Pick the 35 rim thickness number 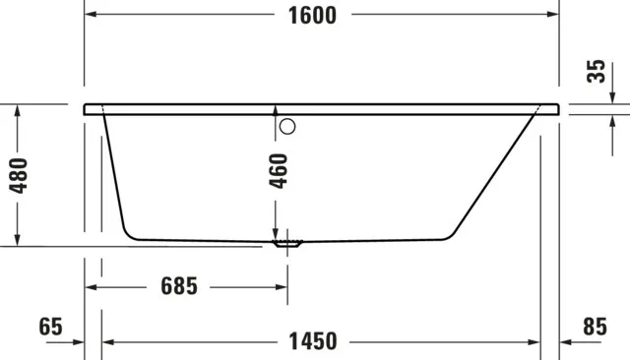tap(595, 72)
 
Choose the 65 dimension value tap(51, 327)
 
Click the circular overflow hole tap(287, 126)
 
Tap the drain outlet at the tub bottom tap(287, 242)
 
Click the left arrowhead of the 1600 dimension tap(91, 16)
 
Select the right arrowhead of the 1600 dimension tap(552, 16)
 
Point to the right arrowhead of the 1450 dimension tap(534, 341)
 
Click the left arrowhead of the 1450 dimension tap(109, 341)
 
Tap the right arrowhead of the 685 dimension tap(282, 286)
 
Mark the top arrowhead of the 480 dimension tap(18, 111)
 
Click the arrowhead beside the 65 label tap(79, 341)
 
